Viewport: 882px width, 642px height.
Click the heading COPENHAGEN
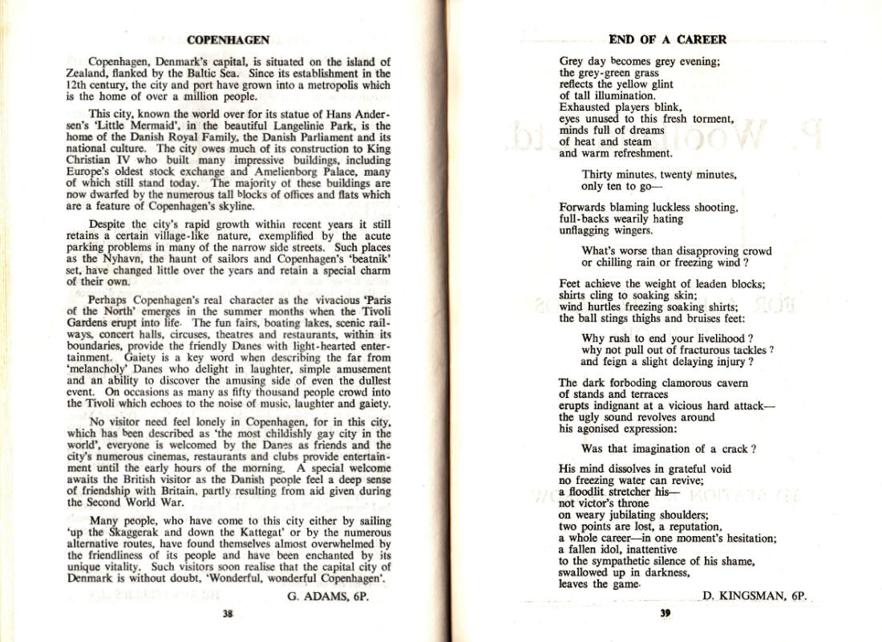click(228, 39)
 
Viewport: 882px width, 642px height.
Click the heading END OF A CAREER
click(667, 39)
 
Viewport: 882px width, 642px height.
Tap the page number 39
click(665, 614)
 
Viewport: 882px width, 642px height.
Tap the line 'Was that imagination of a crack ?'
click(669, 449)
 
